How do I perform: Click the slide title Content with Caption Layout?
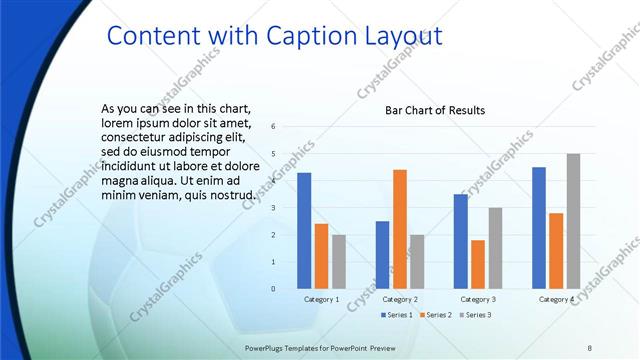pos(273,36)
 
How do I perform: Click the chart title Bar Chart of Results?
pos(435,110)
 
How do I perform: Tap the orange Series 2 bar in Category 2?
pos(399,229)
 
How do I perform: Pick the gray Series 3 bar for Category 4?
pos(573,221)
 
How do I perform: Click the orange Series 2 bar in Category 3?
pos(477,264)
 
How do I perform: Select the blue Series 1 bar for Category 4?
pos(539,227)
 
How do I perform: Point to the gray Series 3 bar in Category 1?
pos(339,261)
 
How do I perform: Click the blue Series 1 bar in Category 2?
pos(382,255)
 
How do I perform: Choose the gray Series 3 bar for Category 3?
pos(495,248)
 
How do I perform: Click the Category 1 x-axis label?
pos(322,299)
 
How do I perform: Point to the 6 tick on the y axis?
pos(274,127)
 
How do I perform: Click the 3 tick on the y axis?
pos(274,208)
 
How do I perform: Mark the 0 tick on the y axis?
pos(274,289)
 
